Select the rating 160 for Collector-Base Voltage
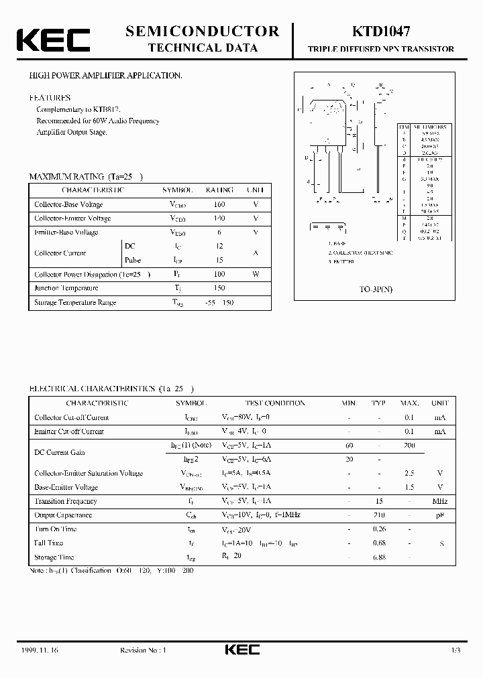coord(219,204)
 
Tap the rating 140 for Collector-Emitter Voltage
coord(219,218)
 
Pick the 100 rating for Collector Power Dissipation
coord(219,274)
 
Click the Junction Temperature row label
coord(66,288)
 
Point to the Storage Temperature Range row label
coord(75,302)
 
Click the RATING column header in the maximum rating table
coord(219,190)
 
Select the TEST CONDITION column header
coord(274,403)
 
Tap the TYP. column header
coord(379,403)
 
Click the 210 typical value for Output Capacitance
coord(379,515)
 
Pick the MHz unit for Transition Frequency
coord(440,501)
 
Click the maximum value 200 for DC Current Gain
coord(409,446)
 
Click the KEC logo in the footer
coord(241,649)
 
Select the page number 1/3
coord(455,650)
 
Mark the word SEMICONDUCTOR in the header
coord(203,31)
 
